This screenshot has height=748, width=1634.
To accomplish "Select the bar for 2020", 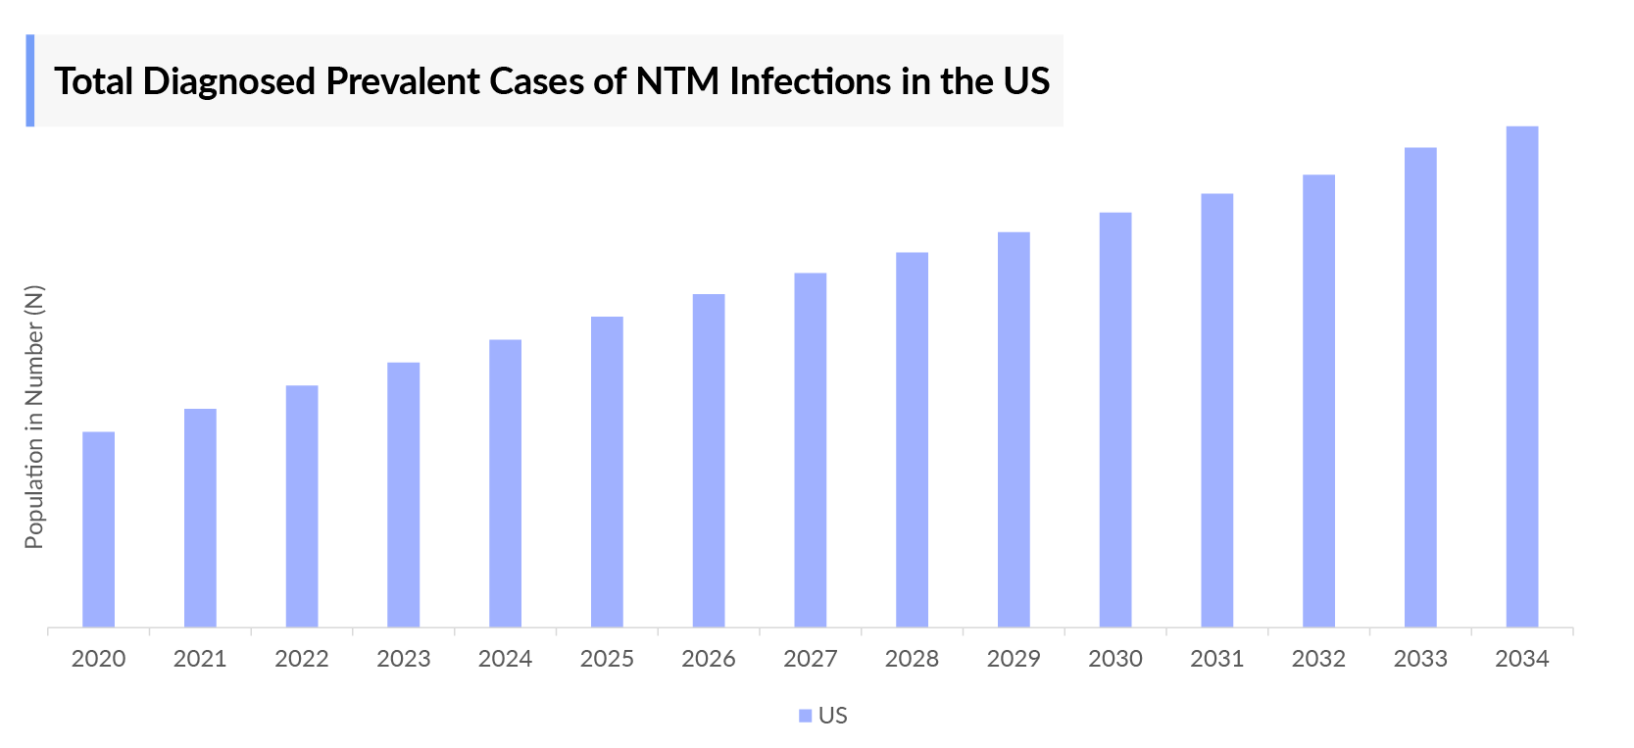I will coord(98,529).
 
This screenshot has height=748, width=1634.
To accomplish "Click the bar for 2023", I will coord(403,495).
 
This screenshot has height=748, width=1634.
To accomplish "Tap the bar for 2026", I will coord(709,461).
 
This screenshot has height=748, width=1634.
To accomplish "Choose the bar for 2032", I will coord(1318,401).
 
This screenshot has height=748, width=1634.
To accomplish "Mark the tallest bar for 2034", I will coord(1521,376).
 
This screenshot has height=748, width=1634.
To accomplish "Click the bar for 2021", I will coord(200,518).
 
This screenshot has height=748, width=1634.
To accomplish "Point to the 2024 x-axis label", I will coord(505,659).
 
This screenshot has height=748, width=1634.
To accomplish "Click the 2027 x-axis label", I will coord(810,659).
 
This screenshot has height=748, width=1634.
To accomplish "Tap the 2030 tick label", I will coord(1115,659).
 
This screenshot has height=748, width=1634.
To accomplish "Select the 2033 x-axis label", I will coord(1420,659).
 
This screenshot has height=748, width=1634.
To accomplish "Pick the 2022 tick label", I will coord(302,659).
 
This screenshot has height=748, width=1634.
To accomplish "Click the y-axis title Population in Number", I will coord(34,417).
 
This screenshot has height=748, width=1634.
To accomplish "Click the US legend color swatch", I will coord(805,716).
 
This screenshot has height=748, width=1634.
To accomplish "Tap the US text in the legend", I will coord(832,716).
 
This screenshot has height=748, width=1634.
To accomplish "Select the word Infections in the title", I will coord(810,81).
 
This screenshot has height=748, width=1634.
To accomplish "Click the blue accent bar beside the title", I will coord(30,80).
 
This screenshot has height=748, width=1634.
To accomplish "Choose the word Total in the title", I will coord(94,81).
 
